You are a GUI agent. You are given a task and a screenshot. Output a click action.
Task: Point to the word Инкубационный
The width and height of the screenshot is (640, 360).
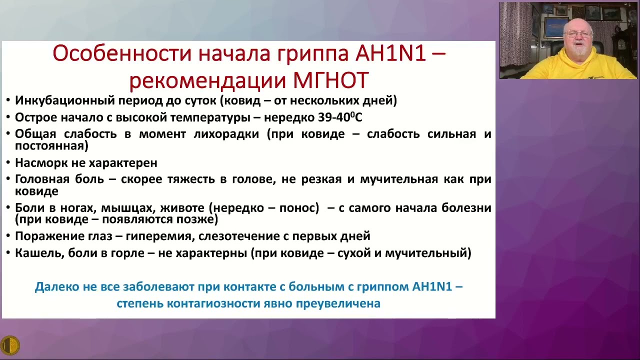64,100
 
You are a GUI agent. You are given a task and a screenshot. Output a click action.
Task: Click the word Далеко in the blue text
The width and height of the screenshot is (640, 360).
56,287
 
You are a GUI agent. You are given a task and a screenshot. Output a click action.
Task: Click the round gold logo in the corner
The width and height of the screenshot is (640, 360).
10,345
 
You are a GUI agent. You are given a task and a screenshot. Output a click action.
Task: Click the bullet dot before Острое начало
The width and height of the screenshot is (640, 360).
8,118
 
